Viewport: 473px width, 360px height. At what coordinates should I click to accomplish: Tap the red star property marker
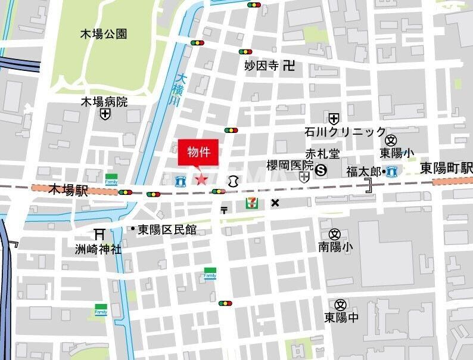(x=201, y=179)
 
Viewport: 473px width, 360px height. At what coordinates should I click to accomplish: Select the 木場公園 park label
(x=104, y=34)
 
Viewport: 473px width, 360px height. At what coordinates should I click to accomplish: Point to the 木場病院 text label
(x=104, y=101)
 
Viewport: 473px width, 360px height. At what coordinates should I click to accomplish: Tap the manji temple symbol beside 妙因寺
(x=289, y=66)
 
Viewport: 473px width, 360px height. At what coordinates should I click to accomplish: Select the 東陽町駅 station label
(x=446, y=167)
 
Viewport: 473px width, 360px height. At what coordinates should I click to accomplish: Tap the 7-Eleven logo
(x=252, y=203)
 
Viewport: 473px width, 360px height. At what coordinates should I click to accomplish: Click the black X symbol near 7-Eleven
(x=275, y=203)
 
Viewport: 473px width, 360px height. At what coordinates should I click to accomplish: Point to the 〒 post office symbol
(x=224, y=209)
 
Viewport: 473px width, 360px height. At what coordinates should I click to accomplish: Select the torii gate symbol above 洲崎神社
(x=99, y=234)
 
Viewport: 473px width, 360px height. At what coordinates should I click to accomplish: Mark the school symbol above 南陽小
(x=334, y=234)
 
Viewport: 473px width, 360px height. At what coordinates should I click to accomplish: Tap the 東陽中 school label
(x=341, y=317)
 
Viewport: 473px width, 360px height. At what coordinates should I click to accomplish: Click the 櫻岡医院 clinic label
(x=290, y=165)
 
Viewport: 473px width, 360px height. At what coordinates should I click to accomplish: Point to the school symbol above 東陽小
(x=391, y=140)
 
